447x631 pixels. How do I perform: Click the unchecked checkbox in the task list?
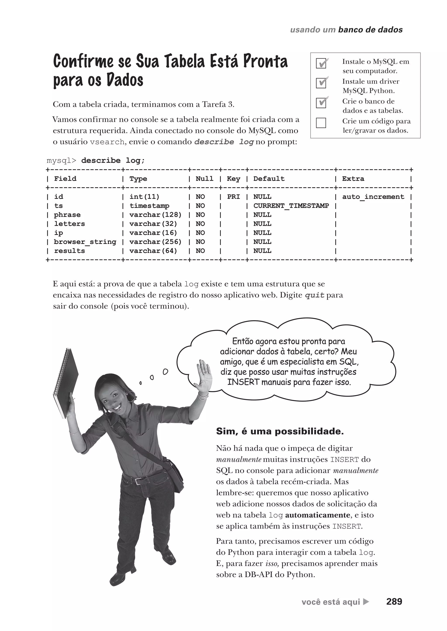coord(321,123)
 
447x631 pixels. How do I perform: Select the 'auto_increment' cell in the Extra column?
coord(373,197)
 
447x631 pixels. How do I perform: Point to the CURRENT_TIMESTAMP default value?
coord(291,206)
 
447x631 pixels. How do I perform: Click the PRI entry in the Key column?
coord(233,197)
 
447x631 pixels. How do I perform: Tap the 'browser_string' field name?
coord(85,242)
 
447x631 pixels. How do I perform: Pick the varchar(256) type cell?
coord(156,242)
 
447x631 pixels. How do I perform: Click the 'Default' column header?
coord(269,179)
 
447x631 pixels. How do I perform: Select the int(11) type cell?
coord(144,197)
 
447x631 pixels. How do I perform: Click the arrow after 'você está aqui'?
coord(366,602)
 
